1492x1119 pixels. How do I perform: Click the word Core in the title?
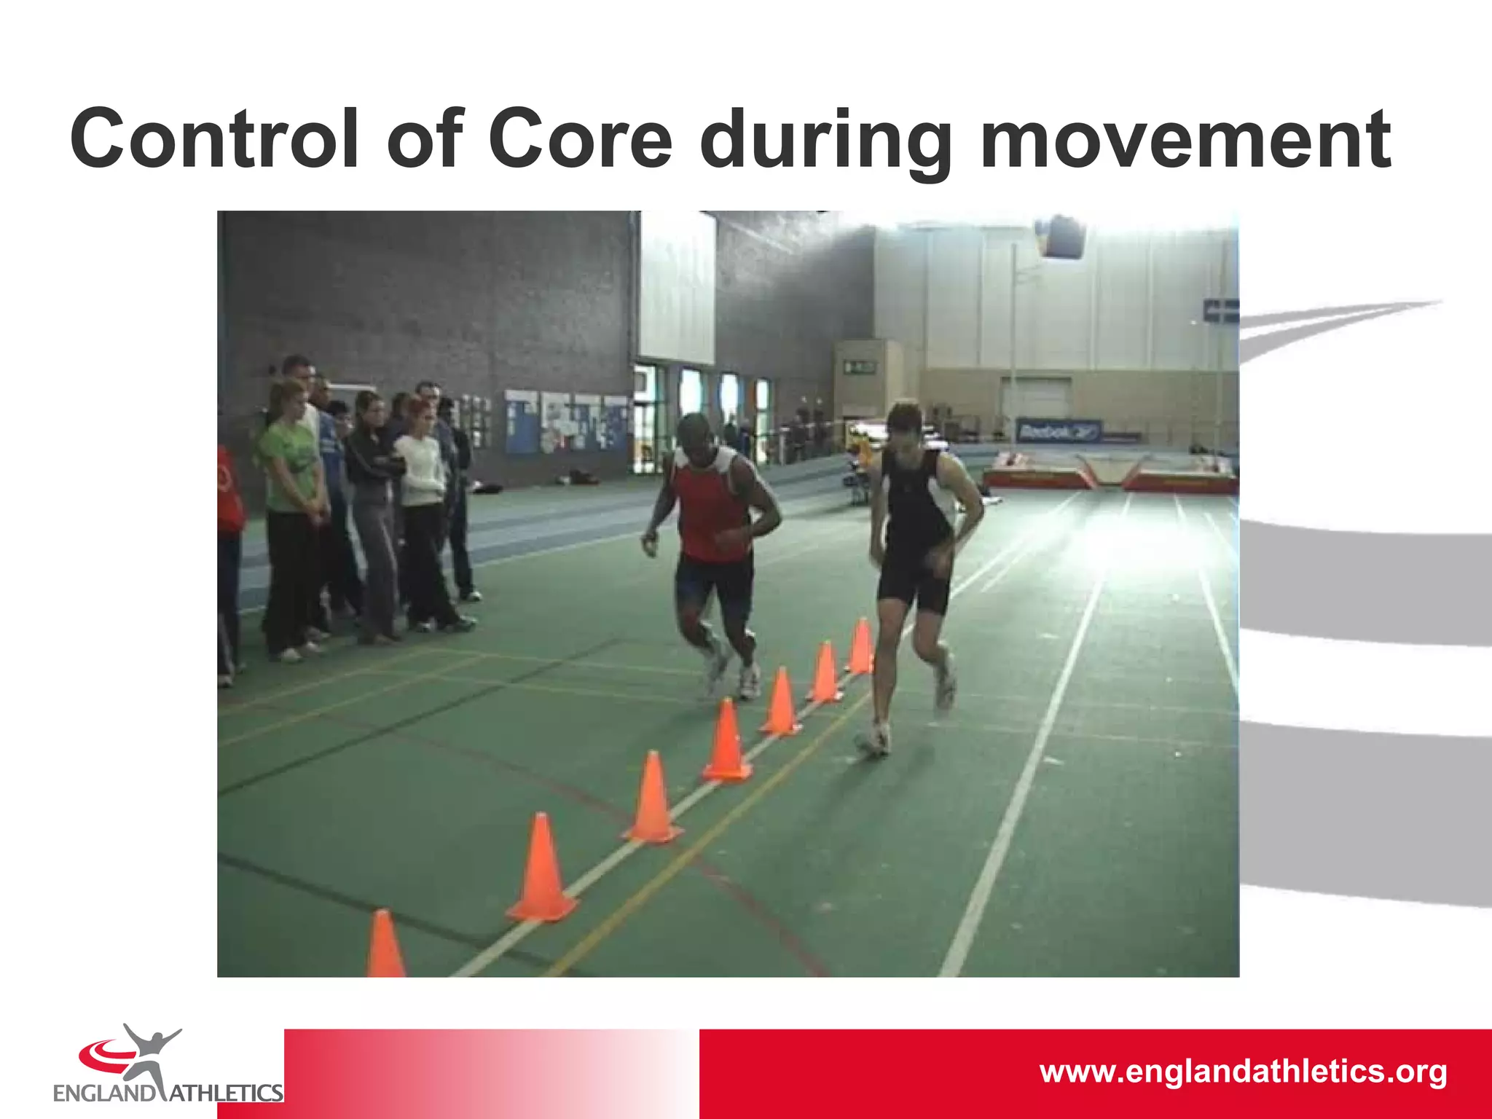point(579,138)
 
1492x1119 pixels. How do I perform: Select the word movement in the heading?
point(1185,138)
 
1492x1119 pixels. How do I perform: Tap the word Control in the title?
point(214,138)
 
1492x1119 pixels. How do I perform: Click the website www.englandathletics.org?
point(1243,1072)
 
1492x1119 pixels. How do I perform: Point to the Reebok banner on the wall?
point(1058,432)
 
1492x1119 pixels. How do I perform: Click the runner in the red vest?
point(712,539)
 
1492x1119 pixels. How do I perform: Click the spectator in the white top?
point(420,510)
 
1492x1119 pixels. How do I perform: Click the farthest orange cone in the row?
point(862,646)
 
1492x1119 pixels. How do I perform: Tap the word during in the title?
point(825,138)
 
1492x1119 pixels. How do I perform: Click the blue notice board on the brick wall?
point(522,421)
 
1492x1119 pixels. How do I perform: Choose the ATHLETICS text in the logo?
point(226,1093)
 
